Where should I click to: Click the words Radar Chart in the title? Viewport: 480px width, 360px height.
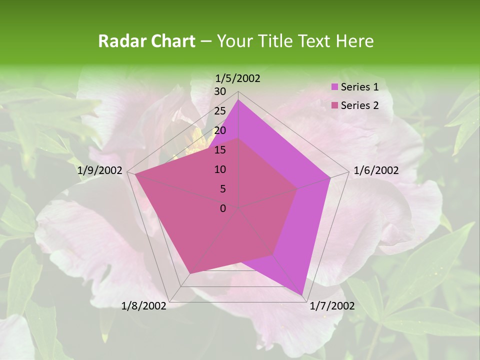point(146,41)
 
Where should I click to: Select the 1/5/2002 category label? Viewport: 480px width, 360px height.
point(238,78)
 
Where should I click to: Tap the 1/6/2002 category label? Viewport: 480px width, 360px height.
point(376,170)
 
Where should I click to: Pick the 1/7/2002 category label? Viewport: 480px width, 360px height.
point(332,305)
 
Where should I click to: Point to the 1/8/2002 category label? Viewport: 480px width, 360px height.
point(144,305)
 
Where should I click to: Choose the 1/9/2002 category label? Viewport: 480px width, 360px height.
point(100,170)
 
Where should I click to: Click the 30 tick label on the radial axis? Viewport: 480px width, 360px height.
point(220,91)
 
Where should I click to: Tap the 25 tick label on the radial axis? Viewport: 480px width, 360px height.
point(220,111)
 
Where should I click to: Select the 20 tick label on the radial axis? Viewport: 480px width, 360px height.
point(220,130)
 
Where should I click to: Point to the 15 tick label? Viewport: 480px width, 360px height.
point(220,150)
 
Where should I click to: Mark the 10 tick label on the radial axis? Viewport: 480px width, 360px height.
point(220,169)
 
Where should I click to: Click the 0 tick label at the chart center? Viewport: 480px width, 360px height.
point(223,208)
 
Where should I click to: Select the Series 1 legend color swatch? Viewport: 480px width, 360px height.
point(334,87)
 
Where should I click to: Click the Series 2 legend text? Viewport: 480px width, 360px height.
point(359,105)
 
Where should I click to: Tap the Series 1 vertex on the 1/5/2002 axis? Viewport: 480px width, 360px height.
point(238,100)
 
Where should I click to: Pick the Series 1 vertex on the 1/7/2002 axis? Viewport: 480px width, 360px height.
point(302,295)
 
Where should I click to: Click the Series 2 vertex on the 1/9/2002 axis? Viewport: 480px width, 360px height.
point(135,174)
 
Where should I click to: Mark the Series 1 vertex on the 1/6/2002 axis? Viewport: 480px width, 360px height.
point(330,177)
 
